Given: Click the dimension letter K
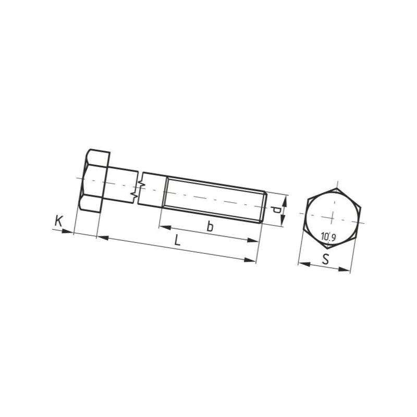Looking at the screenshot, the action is point(58,222).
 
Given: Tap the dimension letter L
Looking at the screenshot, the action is point(177,241).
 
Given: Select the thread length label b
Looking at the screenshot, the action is point(210,226).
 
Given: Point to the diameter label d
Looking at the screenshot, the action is point(277,210).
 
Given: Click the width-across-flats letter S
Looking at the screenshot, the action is point(325,259).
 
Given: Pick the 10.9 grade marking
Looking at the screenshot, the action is point(328,237).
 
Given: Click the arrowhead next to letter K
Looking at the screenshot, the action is point(67,231).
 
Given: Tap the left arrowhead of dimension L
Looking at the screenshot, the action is point(103,238).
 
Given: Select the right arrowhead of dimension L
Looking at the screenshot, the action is point(250,260).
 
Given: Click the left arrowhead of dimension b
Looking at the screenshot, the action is point(165,228).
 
